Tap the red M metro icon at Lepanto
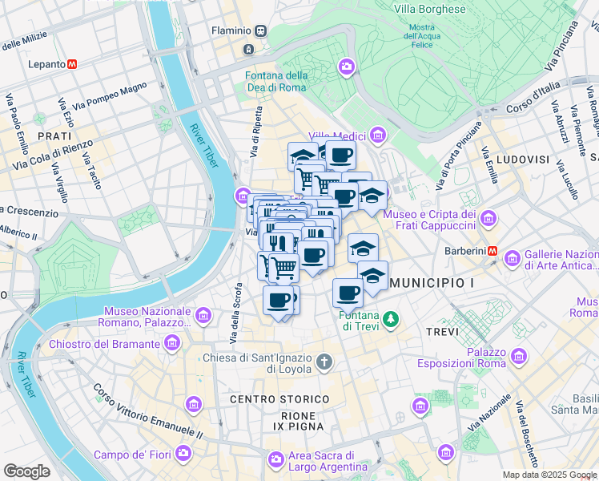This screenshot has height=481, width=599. (x=72, y=63)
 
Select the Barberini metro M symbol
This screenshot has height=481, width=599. (x=493, y=251)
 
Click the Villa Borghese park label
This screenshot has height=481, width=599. (x=429, y=10)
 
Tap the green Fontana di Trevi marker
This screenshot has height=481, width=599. (x=390, y=319)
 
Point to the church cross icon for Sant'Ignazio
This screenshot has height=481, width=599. (x=324, y=362)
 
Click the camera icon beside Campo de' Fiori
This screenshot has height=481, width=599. (x=183, y=455)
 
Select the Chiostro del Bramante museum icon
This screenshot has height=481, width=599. (x=171, y=344)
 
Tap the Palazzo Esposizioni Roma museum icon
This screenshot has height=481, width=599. (x=519, y=355)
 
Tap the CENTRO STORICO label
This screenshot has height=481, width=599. (x=279, y=398)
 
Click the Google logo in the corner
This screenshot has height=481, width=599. (x=26, y=471)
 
